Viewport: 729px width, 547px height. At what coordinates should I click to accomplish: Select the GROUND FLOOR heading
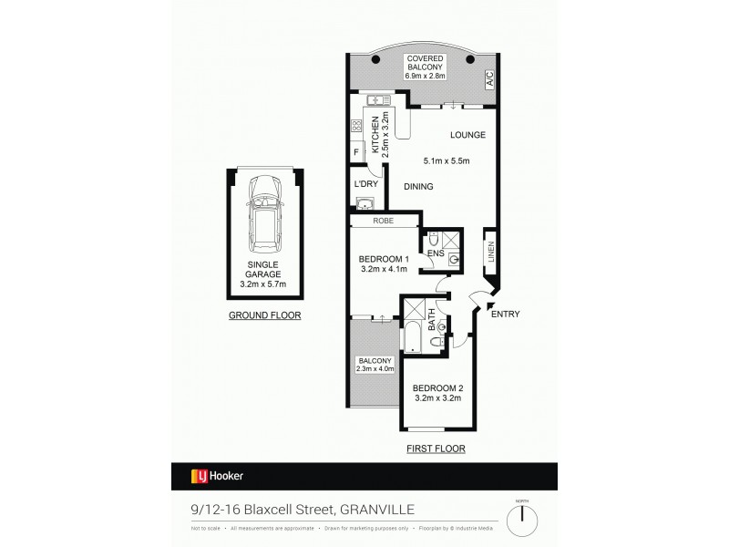coord(265,315)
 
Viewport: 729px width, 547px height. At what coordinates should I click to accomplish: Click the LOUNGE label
coord(466,135)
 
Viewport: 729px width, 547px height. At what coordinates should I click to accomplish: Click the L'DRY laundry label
coord(364,185)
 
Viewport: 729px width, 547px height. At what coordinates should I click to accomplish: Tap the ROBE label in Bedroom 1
coord(382,221)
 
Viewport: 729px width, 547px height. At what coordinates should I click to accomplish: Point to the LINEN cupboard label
coord(491,250)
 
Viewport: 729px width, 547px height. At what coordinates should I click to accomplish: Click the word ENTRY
coord(506,315)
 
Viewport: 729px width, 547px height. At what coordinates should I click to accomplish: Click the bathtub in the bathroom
coord(410,336)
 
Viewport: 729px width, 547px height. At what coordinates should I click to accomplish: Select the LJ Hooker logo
coord(216,476)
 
